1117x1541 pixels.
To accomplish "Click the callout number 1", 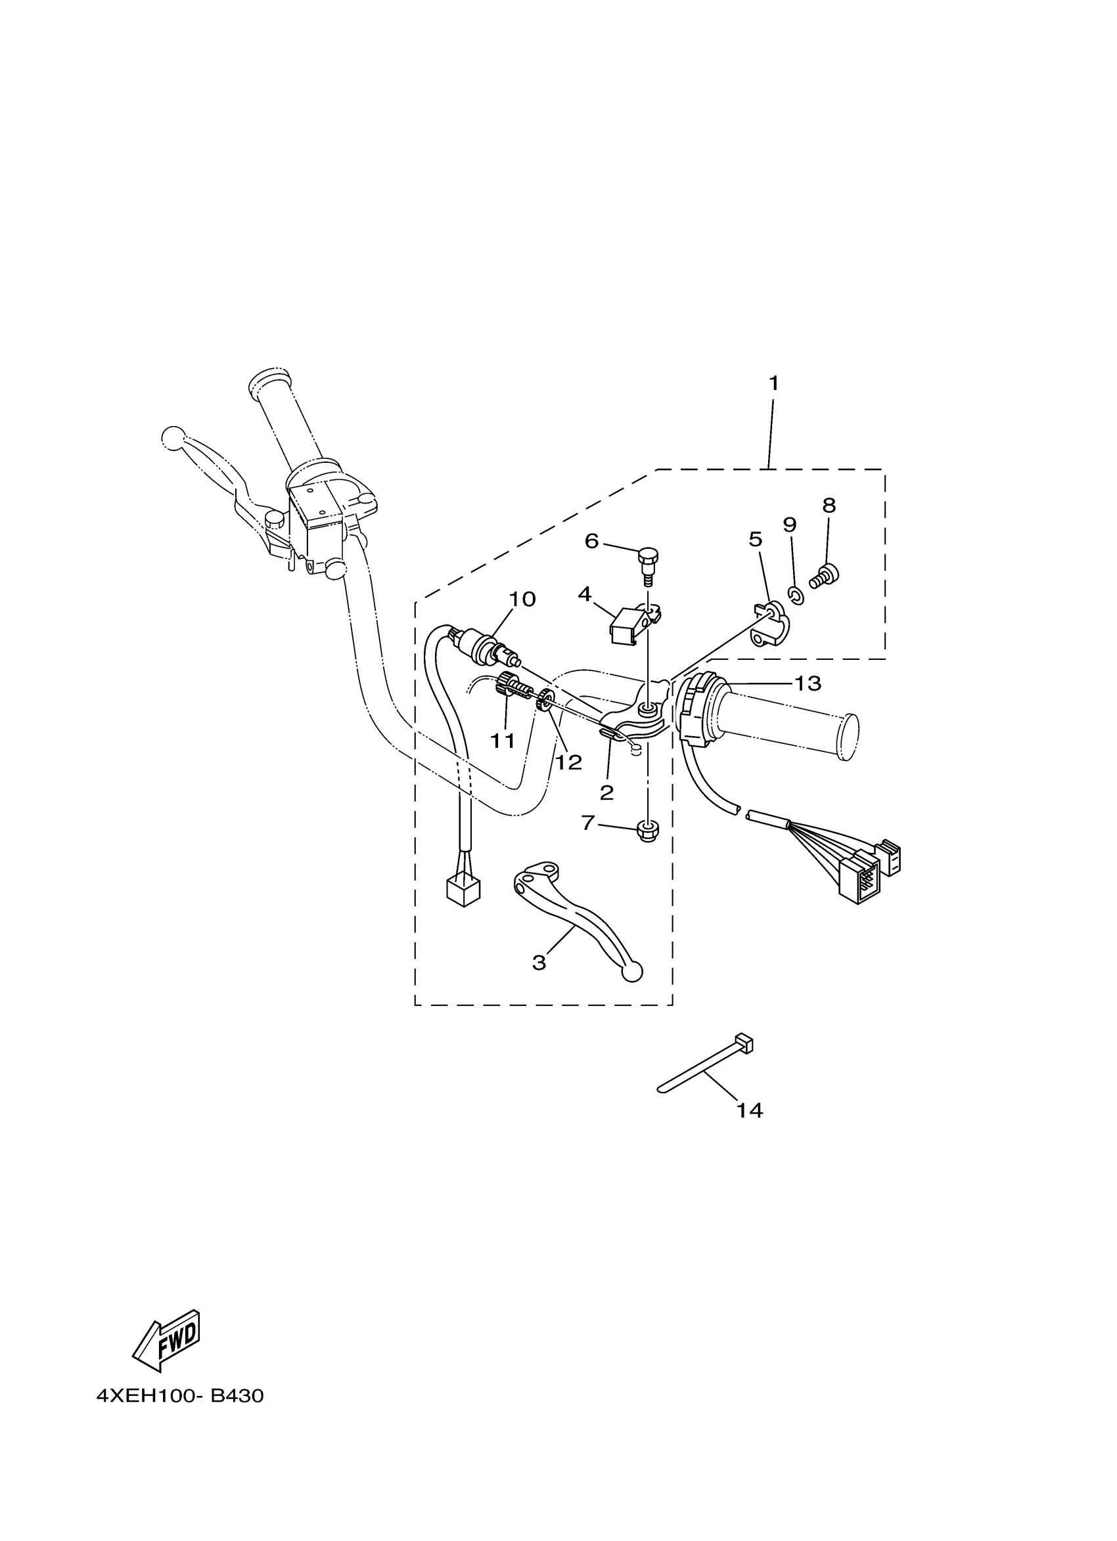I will [773, 383].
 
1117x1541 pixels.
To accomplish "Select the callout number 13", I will [808, 683].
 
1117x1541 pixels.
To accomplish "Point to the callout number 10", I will [522, 599].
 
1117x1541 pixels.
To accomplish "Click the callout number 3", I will [538, 962].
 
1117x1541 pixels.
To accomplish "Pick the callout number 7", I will [588, 823].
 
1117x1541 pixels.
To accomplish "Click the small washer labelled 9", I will [797, 597].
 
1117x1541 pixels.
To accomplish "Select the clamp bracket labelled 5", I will [768, 624].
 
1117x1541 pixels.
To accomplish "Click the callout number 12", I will [568, 762].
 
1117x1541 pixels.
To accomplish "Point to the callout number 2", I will [606, 792].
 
